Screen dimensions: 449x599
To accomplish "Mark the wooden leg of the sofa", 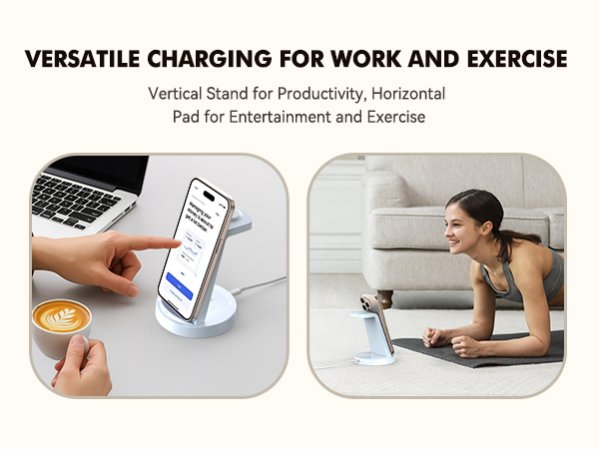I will click(387, 299).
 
